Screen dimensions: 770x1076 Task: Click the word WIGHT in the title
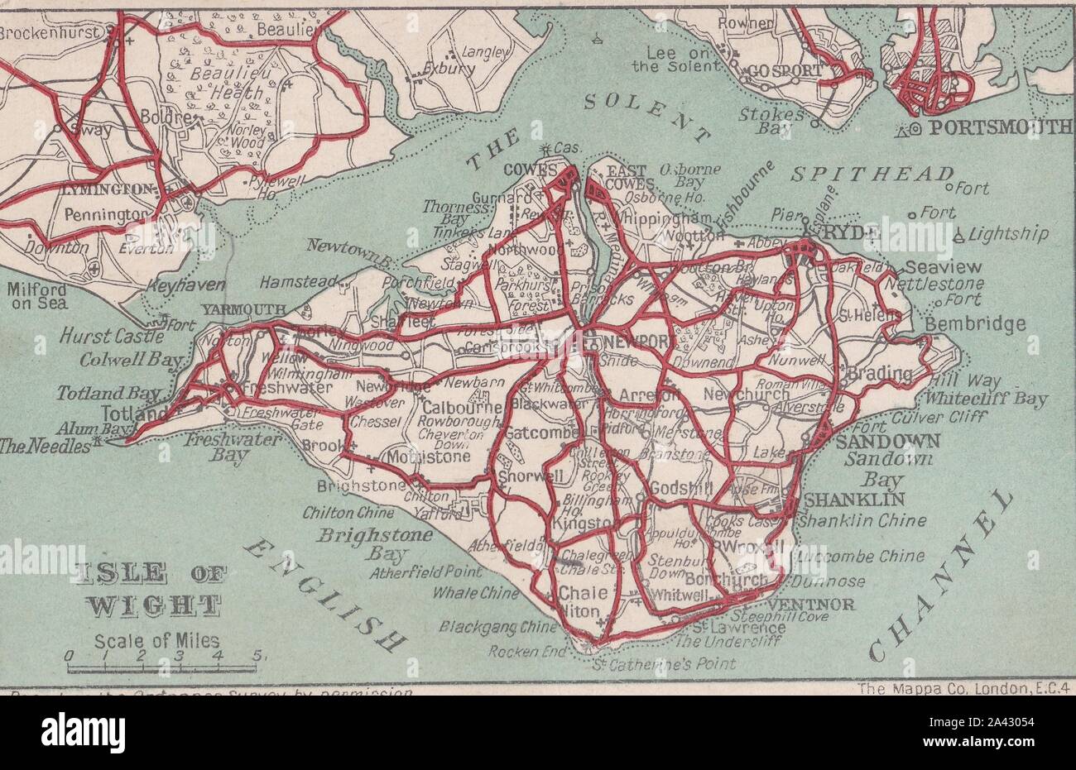(x=154, y=605)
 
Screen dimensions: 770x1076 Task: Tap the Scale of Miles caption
(x=157, y=640)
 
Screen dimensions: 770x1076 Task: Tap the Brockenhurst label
(x=50, y=34)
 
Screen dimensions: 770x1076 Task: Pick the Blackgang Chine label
(x=498, y=627)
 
